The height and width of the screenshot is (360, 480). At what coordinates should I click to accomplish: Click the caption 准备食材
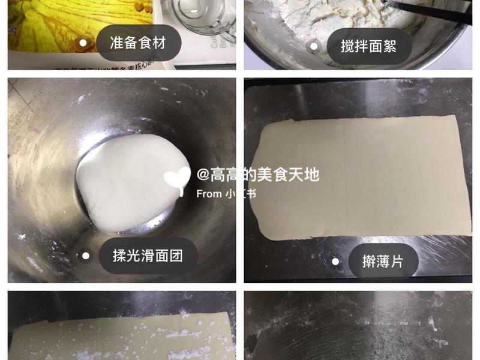click(138, 43)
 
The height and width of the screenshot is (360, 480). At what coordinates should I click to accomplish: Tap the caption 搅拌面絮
click(368, 46)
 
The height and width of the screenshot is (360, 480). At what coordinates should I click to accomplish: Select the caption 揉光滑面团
click(148, 256)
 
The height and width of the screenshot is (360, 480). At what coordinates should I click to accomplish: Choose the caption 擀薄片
click(383, 261)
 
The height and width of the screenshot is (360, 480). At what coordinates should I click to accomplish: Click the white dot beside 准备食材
click(83, 43)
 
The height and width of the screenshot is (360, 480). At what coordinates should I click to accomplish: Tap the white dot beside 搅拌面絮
click(313, 46)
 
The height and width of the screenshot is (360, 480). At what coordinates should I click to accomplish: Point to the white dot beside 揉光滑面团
click(86, 256)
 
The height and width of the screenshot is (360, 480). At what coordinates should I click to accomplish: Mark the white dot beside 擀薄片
click(335, 261)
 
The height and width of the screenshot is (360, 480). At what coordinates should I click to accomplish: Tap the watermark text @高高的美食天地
click(258, 175)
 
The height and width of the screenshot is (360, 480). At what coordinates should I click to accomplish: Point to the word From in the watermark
click(209, 194)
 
